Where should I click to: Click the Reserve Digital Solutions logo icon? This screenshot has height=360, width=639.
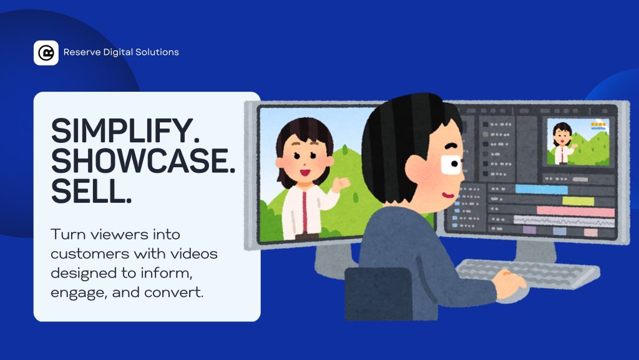46,52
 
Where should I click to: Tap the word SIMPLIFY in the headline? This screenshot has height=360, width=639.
121,131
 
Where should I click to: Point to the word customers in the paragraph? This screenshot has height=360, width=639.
90,254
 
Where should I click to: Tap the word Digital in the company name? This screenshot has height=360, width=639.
118,52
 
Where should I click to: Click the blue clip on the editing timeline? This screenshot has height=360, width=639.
541,190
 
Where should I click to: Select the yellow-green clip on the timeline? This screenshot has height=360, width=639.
578,201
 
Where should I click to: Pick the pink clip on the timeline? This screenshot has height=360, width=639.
575,212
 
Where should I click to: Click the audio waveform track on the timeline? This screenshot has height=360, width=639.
564,221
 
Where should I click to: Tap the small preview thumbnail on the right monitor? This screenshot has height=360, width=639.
578,142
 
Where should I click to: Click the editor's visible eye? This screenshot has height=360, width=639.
452,165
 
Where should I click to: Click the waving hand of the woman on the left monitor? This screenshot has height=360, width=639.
341,185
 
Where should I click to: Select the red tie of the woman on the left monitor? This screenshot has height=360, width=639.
305,212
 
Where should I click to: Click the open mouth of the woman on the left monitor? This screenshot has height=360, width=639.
305,173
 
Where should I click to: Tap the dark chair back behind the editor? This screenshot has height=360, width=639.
378,293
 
